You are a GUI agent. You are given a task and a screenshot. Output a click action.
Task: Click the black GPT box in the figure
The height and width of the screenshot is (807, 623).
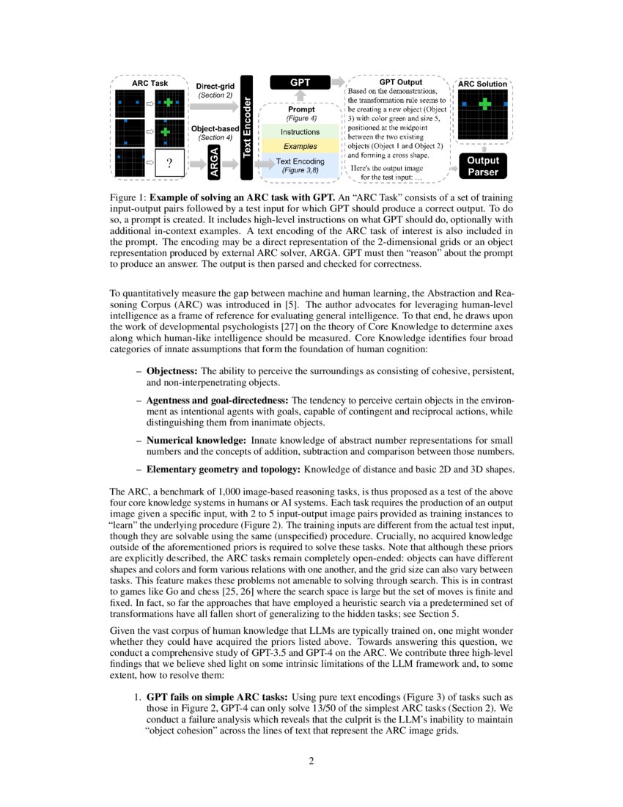tap(301, 83)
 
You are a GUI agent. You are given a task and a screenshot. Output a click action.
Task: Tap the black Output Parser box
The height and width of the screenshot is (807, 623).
tap(482, 167)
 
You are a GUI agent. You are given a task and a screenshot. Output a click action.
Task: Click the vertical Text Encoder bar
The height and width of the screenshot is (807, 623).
tap(247, 126)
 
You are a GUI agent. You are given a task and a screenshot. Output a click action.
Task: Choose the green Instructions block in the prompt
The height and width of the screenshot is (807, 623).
tap(301, 132)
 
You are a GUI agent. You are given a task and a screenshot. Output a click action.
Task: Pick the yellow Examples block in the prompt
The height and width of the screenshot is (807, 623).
tap(301, 146)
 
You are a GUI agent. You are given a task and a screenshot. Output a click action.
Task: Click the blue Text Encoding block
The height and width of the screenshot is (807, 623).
tap(301, 165)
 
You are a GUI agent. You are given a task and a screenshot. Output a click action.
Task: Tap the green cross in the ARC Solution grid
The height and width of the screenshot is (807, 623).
tap(484, 105)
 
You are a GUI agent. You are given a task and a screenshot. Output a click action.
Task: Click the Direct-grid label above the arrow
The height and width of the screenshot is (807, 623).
tap(214, 87)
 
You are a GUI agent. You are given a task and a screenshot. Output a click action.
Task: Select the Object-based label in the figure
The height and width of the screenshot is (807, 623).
tap(215, 128)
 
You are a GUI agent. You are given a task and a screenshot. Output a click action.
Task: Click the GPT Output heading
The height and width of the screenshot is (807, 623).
tap(400, 82)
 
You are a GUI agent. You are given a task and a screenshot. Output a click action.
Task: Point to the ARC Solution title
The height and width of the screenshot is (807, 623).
tap(482, 84)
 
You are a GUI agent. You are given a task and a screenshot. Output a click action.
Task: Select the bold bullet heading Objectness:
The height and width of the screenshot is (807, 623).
tap(172, 372)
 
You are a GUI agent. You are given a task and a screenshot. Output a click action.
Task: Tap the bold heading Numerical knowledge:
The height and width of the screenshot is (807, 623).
tap(196, 439)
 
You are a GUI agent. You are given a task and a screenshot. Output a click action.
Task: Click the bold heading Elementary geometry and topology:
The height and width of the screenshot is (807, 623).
tap(223, 468)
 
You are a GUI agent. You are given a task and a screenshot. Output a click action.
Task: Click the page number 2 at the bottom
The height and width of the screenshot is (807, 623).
tap(311, 761)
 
